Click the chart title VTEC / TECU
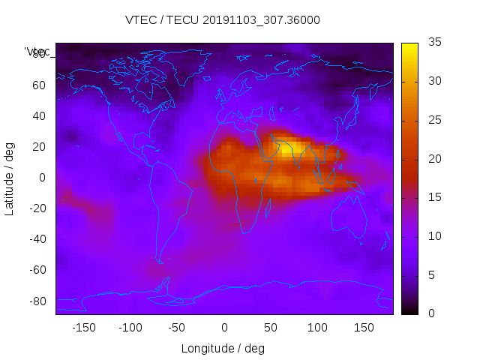point(223,20)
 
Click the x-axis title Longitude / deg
point(223,349)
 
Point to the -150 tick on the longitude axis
point(84,328)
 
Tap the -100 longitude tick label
point(130,328)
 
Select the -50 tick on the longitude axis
point(177,328)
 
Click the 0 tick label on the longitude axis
point(224,328)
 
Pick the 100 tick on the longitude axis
point(317,328)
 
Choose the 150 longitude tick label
point(364,328)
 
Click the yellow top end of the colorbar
point(409,46)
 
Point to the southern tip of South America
point(159,261)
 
